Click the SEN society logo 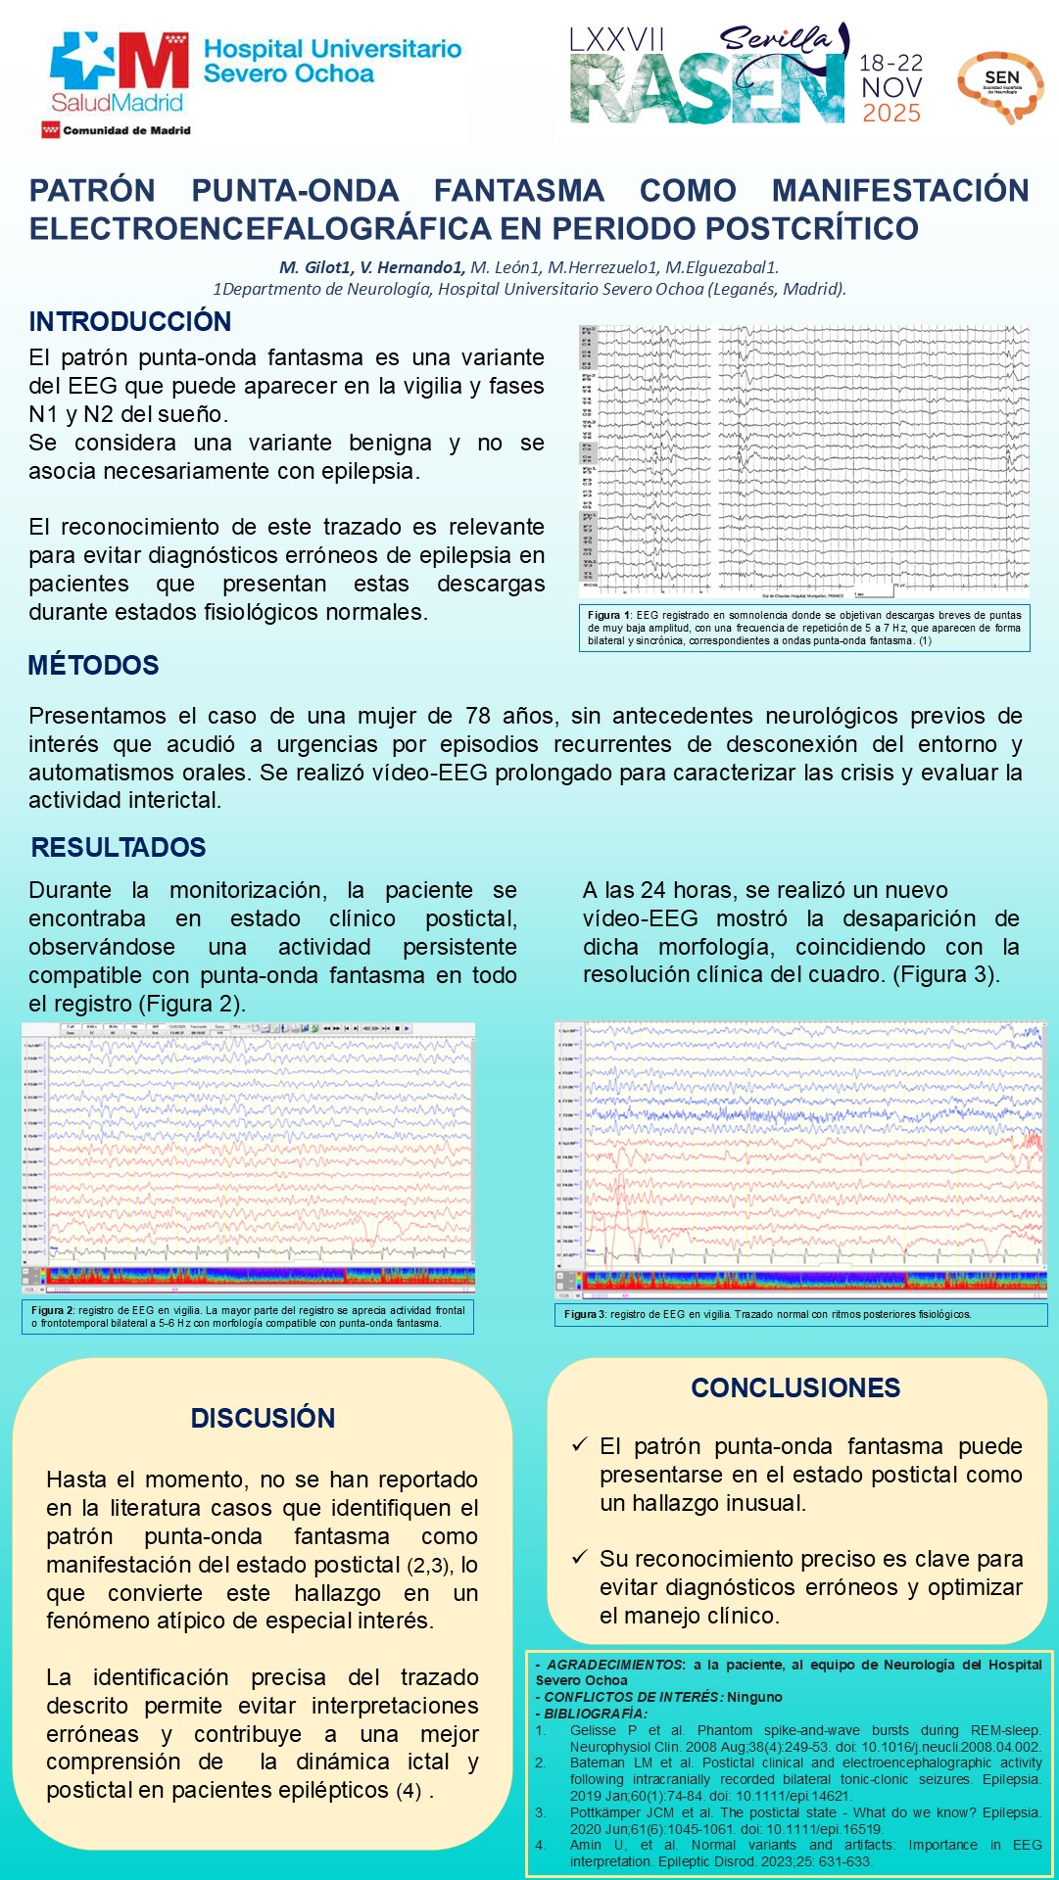(x=1000, y=85)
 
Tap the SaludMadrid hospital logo (x=119, y=72)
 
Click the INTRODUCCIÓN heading (x=130, y=321)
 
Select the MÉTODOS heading (x=93, y=665)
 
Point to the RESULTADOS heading (x=119, y=847)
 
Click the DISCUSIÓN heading (x=263, y=1418)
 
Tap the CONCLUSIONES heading (x=795, y=1387)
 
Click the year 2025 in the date (x=891, y=114)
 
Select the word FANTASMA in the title (x=518, y=190)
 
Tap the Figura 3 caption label (x=585, y=1314)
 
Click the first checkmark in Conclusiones (x=579, y=1445)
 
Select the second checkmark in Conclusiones (x=579, y=1557)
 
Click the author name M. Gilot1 (x=315, y=267)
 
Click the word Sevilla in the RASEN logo (x=775, y=39)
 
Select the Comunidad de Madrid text (x=126, y=130)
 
